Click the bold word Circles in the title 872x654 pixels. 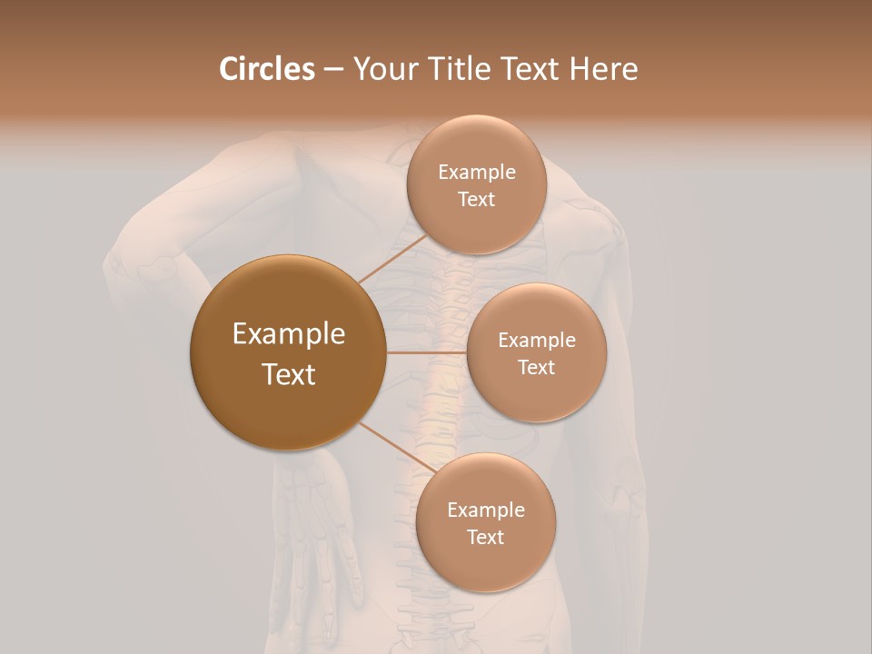pos(267,69)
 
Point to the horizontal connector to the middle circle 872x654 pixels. pos(427,352)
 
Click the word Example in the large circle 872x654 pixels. pos(289,334)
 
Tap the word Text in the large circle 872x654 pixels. pos(289,374)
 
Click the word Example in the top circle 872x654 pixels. pos(476,173)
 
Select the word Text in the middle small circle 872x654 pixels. pos(536,367)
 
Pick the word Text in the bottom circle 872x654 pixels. pos(485,537)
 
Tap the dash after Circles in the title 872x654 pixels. pos(333,69)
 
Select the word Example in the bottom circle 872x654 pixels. pos(485,510)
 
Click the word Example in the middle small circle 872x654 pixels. pos(536,341)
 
